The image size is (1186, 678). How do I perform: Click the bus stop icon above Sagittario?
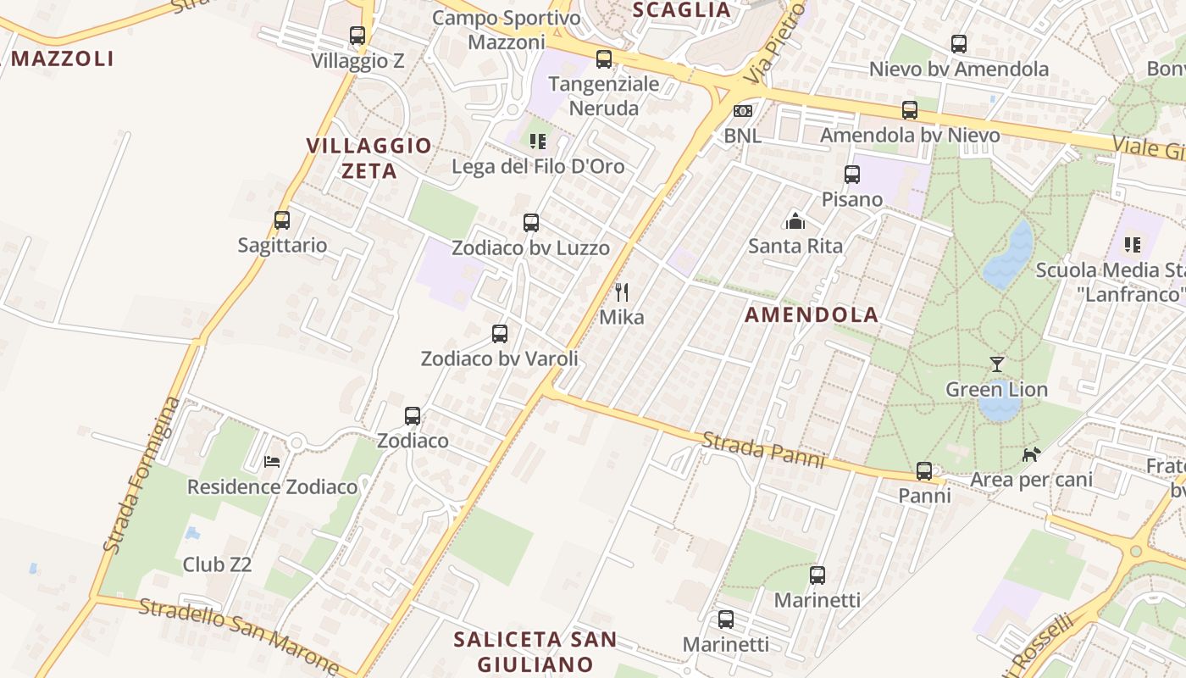(282, 220)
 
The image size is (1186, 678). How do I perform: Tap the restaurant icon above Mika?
(622, 292)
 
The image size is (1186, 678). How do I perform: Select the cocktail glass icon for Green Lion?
(997, 364)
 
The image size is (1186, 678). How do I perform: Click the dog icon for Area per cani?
(1031, 455)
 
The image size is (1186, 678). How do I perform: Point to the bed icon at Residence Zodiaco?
(272, 462)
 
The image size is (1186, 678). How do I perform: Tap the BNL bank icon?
(742, 111)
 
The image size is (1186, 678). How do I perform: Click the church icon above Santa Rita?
(795, 221)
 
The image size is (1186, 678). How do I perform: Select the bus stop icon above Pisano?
(852, 175)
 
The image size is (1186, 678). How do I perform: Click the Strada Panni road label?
(762, 450)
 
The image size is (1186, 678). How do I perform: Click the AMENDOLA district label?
(812, 315)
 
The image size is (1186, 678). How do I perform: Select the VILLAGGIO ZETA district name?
(369, 158)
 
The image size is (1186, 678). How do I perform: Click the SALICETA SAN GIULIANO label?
(535, 650)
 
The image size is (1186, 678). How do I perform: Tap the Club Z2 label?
(218, 564)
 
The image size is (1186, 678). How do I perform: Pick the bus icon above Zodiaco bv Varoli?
(500, 334)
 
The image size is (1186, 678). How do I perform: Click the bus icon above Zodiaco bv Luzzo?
(531, 223)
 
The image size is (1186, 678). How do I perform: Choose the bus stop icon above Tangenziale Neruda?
(604, 59)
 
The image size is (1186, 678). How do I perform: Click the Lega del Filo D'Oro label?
(539, 166)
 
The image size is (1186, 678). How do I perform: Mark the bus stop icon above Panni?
(924, 471)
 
